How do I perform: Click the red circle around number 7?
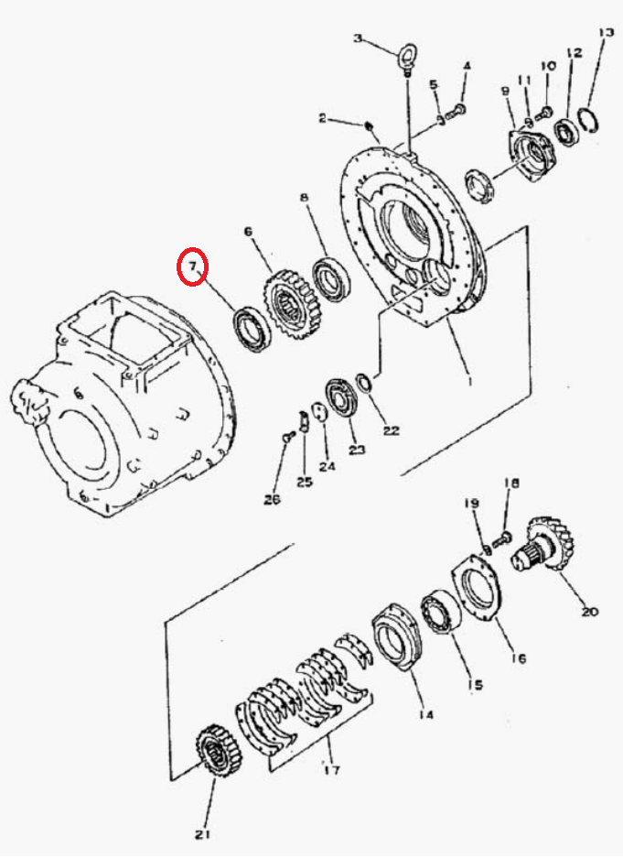(x=178, y=266)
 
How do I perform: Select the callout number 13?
(x=606, y=33)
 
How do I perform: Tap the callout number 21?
(x=202, y=835)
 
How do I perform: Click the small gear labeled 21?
(x=220, y=749)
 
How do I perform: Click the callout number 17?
(x=332, y=769)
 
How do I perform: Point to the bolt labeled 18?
(x=501, y=538)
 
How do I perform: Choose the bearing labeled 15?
(x=441, y=613)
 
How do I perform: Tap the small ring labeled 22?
(x=363, y=382)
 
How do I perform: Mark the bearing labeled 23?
(x=343, y=397)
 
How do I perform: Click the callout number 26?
(x=272, y=499)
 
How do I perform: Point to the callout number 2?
(x=322, y=117)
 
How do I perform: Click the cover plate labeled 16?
(x=476, y=588)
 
